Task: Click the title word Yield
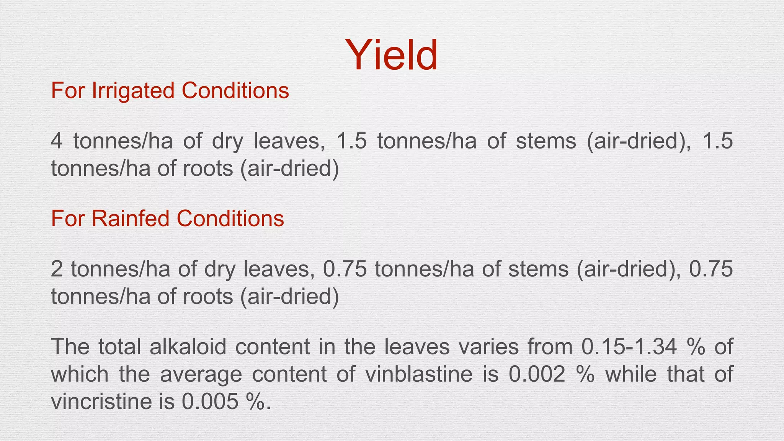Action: [391, 56]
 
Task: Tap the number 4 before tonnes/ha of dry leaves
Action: [56, 141]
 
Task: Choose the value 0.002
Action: [537, 374]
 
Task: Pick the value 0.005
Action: [210, 402]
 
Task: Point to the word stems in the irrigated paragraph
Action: [546, 141]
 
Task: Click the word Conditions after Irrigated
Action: [235, 91]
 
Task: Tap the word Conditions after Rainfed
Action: [230, 219]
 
